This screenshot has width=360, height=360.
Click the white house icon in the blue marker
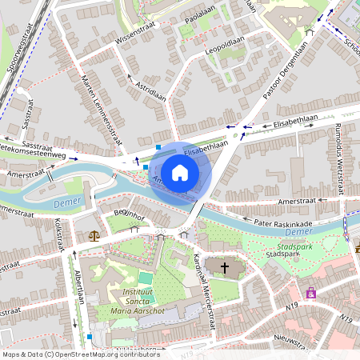(x=180, y=172)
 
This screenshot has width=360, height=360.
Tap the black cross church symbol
(x=225, y=268)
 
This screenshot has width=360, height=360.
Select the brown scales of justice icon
(x=95, y=236)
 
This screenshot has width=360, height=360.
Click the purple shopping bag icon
(x=310, y=294)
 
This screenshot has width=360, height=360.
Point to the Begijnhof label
(x=128, y=214)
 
